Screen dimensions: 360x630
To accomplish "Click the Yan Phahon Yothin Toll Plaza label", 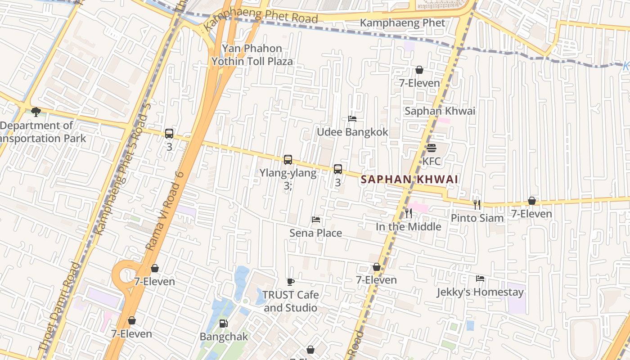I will point(252,55).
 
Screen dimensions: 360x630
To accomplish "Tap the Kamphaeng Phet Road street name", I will point(261,18).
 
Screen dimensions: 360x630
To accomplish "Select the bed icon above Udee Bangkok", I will point(352,119).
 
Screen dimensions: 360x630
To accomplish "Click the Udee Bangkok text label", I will point(352,132).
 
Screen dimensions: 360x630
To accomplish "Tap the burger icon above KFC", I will point(431,148).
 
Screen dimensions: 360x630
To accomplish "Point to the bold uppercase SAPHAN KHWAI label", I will point(409,180).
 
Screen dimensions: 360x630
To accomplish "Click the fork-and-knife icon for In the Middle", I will point(408,213).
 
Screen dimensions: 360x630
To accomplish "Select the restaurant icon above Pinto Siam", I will point(477,205).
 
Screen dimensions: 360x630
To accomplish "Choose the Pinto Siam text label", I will point(477,218).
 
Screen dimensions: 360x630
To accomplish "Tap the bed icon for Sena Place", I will point(316,220).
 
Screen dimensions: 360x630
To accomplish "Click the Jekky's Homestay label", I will point(480,292).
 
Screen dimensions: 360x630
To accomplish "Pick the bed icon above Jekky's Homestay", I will point(480,279).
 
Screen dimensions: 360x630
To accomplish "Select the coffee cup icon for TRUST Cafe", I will point(291,282).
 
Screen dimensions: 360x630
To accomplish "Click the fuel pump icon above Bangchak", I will point(223,324).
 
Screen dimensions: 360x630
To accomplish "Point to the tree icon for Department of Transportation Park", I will point(36,112).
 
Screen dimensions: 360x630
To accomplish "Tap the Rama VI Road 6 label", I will point(165,211).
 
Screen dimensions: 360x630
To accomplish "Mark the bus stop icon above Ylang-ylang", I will point(288,160).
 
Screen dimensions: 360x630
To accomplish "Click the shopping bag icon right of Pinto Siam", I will point(531,201).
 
